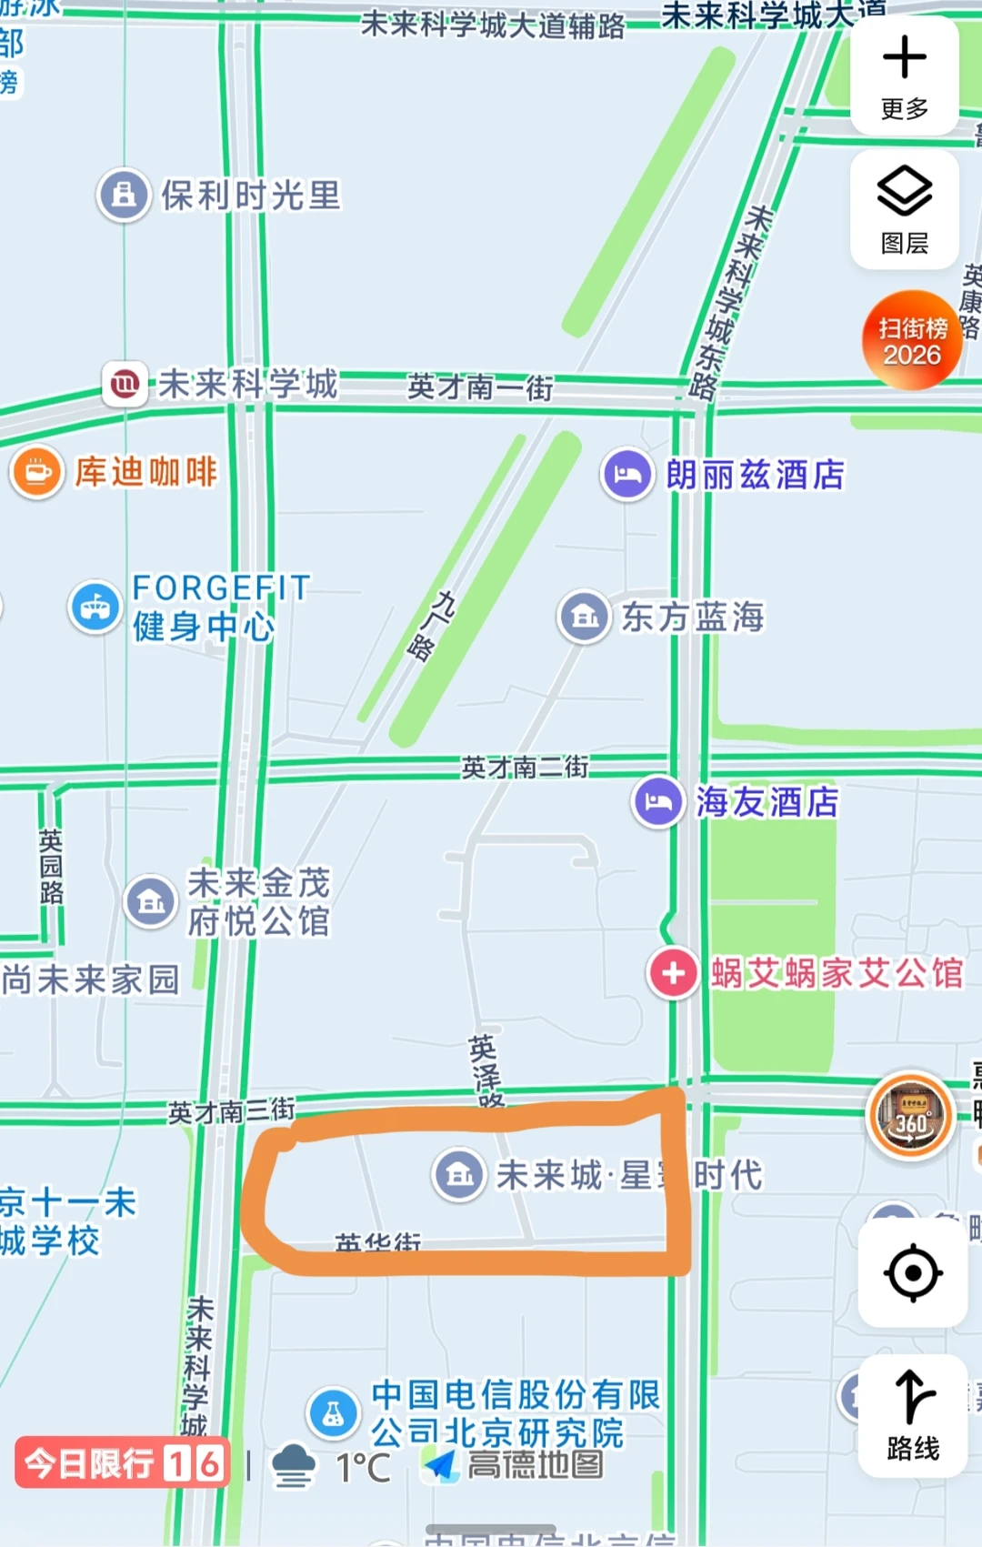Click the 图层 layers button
pos(904,209)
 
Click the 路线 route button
pos(912,1414)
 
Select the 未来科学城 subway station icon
pos(125,384)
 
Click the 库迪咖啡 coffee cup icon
pos(37,472)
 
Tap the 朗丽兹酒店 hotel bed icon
pos(627,474)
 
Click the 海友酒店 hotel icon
pos(658,801)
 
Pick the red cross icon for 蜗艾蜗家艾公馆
pos(673,973)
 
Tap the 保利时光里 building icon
pos(124,195)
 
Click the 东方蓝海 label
pos(692,617)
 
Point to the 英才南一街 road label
pos(479,387)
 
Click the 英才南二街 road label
pos(525,768)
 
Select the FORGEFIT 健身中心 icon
pos(95,607)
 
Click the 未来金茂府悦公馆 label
pos(258,901)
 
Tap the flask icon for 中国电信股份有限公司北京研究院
pos(334,1412)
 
